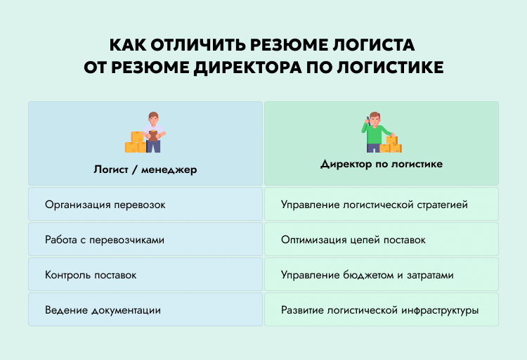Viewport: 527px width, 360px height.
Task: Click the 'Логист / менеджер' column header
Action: point(145,169)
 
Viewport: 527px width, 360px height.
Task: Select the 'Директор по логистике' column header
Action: point(382,164)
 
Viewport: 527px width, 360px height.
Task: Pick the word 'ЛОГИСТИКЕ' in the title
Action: point(390,67)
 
